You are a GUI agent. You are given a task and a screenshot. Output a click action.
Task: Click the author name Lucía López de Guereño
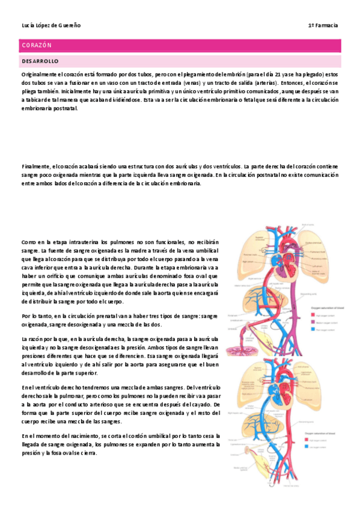coord(50,26)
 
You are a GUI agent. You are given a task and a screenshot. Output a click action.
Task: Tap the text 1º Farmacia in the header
coord(323,26)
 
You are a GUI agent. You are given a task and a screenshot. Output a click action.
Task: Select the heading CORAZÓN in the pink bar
coord(37,45)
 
